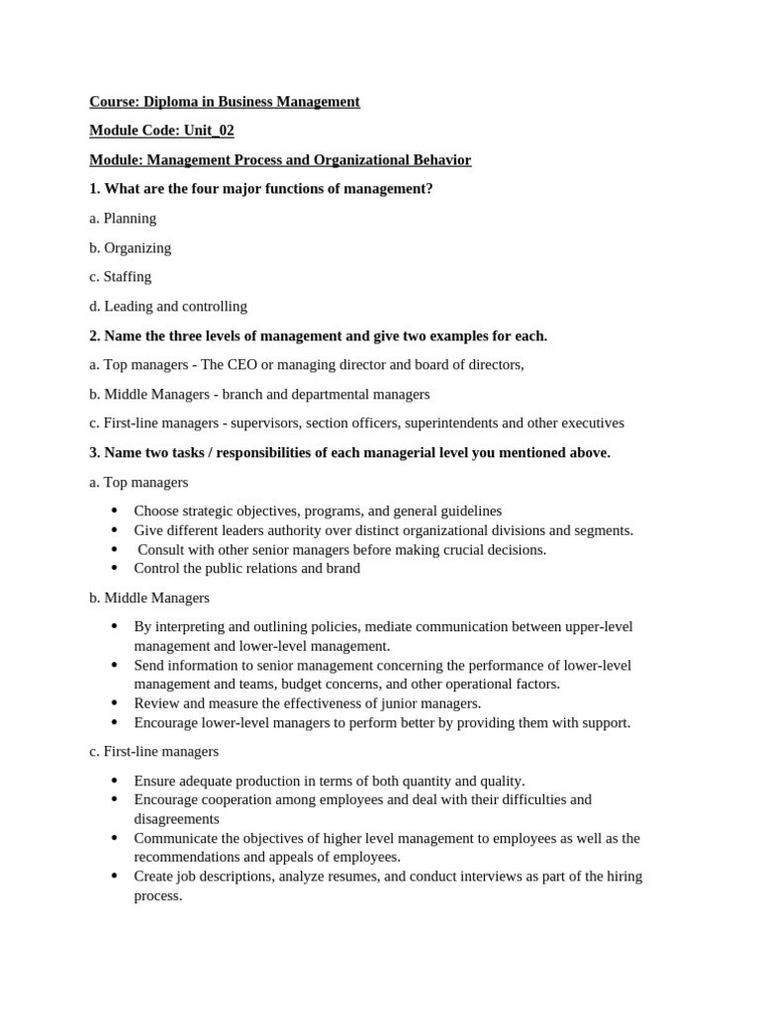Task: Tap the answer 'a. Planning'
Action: (x=123, y=218)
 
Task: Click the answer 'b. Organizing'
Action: (x=130, y=247)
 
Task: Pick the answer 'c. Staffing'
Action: (x=120, y=277)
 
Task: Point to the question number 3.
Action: (x=94, y=452)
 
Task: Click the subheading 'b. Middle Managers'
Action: (x=149, y=598)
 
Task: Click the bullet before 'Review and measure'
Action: (x=115, y=703)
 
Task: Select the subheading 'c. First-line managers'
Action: (x=153, y=752)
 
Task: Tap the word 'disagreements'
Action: (x=176, y=819)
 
